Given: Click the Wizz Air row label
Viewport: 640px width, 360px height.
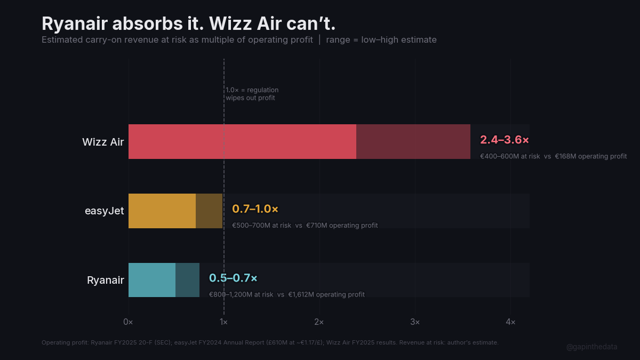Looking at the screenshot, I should point(103,142).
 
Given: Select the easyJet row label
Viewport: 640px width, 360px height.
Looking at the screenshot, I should point(105,211).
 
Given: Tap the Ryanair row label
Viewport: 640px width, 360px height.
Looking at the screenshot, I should point(106,280).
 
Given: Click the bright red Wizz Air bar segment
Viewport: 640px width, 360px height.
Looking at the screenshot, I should point(242,142).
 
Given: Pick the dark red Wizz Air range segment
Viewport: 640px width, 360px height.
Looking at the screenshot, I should point(413,142).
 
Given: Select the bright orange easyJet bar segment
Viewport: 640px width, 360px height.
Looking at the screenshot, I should point(162,211).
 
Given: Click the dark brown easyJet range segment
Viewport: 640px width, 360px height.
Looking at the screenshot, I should point(209,211).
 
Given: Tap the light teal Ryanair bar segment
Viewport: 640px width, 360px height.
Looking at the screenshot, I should point(152,280).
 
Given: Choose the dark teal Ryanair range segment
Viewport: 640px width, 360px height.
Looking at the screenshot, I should point(187,280).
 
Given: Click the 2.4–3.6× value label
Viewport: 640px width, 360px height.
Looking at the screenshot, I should point(505,140).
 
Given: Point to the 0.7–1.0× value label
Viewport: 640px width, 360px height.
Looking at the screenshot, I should point(255,209).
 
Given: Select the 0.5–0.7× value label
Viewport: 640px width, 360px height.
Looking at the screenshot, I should point(233,278).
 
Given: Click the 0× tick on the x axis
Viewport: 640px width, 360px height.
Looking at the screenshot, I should point(128,322).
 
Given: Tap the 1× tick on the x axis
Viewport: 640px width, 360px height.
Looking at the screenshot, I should point(223,322).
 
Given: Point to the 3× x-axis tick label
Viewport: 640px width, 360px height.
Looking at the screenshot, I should point(415,322).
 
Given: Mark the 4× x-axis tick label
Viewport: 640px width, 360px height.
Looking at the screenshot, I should point(510,322).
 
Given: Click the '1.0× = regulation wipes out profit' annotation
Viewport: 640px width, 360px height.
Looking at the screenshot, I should point(252,94).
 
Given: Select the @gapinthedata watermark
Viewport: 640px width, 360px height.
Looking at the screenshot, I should point(591,347).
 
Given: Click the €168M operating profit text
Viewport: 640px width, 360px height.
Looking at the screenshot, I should point(591,156).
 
